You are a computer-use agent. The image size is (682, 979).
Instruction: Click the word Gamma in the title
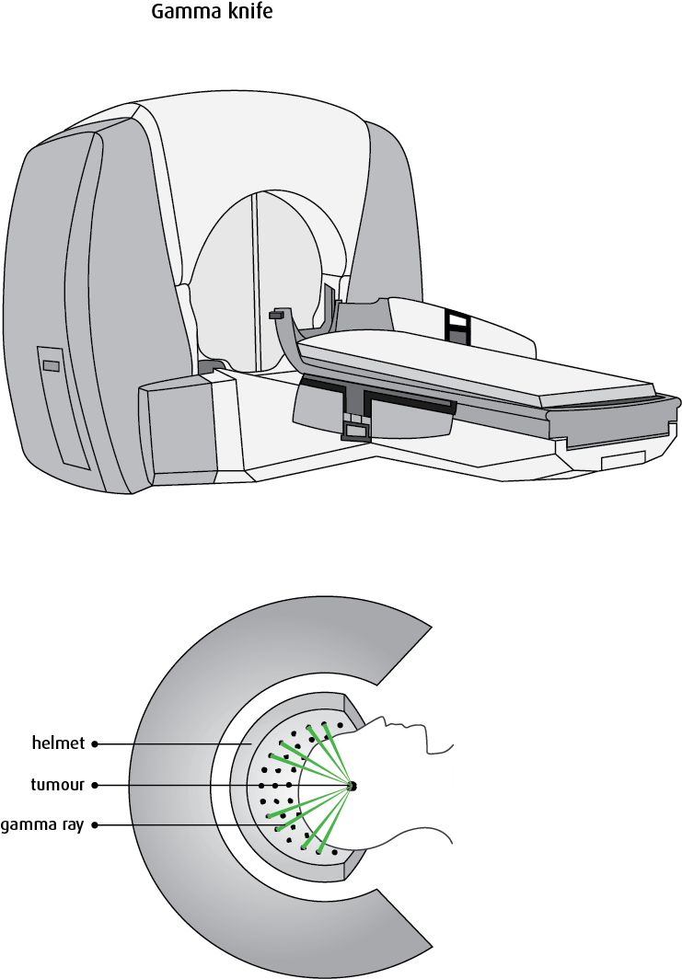(x=181, y=11)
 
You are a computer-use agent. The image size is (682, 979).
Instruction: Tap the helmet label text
(x=58, y=743)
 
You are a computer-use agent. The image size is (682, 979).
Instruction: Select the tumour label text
(x=57, y=784)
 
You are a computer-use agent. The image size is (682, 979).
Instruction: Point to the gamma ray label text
(x=41, y=825)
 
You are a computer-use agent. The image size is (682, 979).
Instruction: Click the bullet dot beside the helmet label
(x=95, y=744)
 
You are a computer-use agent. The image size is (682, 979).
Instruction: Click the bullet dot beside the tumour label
(x=95, y=786)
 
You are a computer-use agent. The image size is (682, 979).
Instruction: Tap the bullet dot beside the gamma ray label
(x=95, y=825)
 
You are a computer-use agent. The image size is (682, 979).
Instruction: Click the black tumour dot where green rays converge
(x=352, y=786)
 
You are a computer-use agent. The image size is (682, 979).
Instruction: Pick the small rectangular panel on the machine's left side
(x=52, y=366)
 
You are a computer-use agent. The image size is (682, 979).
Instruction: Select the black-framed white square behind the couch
(x=457, y=321)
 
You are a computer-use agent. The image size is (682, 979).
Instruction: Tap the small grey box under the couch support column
(x=355, y=431)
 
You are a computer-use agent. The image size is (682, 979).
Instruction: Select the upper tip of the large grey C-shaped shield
(x=431, y=626)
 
